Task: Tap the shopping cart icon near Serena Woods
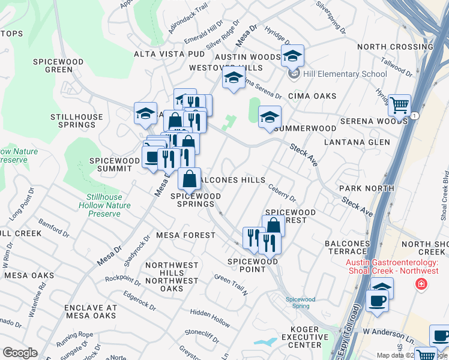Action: [399, 106]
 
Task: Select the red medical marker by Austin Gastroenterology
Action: [421, 284]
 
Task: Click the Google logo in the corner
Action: [20, 353]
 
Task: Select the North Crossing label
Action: [394, 47]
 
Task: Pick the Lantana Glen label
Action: [357, 142]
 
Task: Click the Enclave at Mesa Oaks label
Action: [90, 311]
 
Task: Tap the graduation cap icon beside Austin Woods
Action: [292, 56]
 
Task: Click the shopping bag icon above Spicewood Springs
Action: [189, 179]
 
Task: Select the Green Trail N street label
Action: [231, 284]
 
